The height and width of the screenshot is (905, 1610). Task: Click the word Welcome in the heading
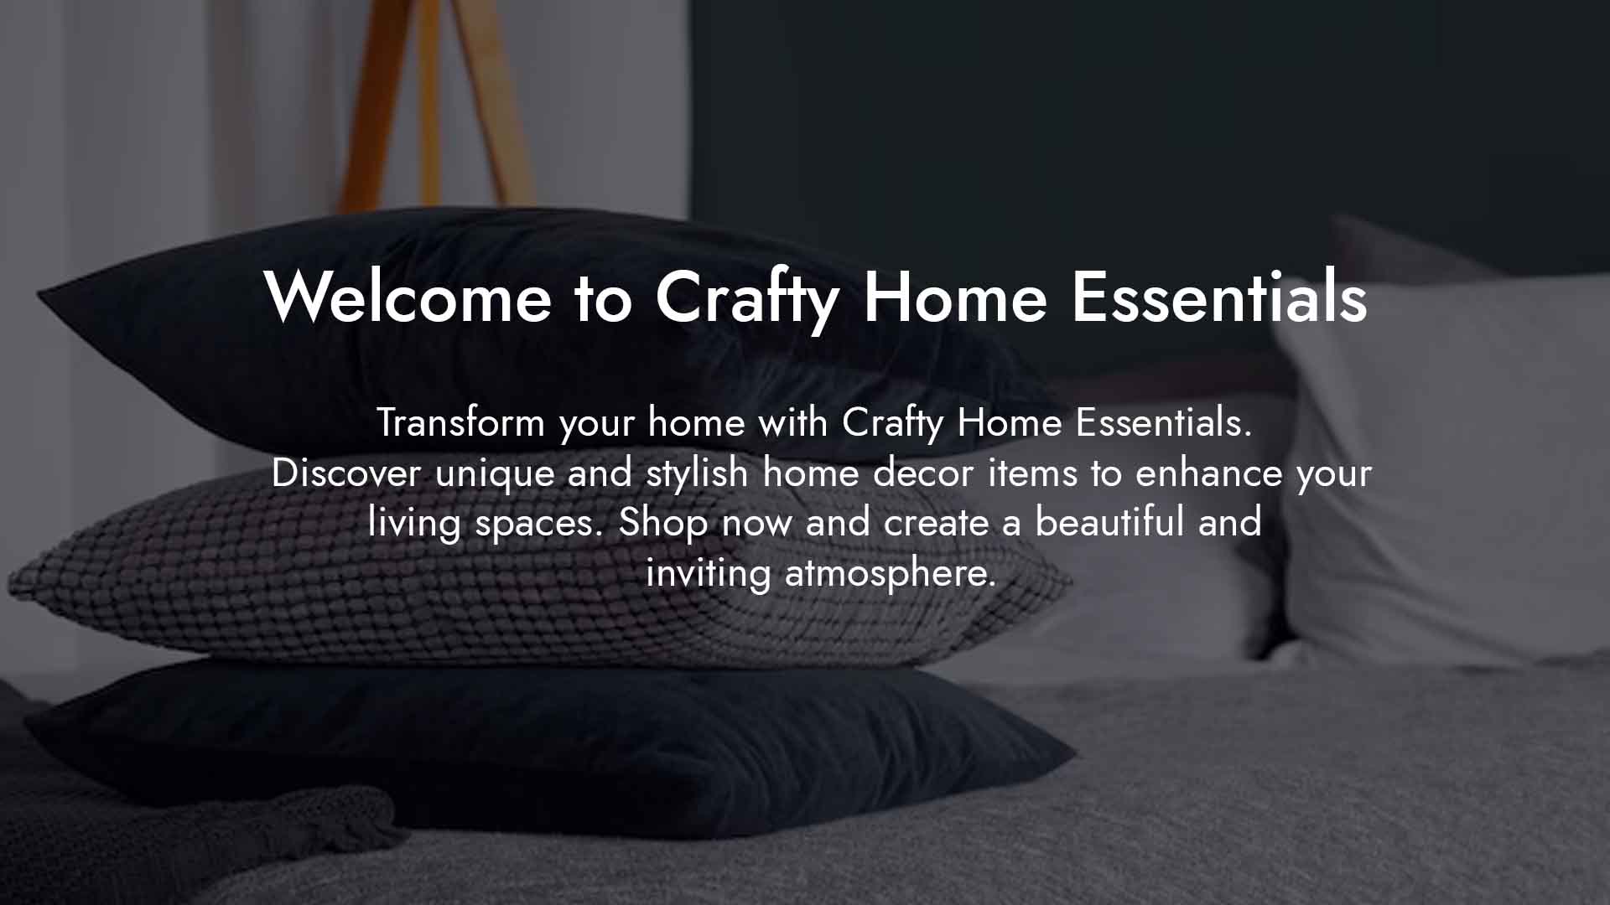[x=408, y=297]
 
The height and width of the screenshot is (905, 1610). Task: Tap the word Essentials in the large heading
[x=1220, y=297]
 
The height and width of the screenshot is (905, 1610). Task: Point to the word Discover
[x=345, y=473]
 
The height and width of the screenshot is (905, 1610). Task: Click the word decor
[x=923, y=473]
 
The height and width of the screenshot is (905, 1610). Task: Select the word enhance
[x=1209, y=473]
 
